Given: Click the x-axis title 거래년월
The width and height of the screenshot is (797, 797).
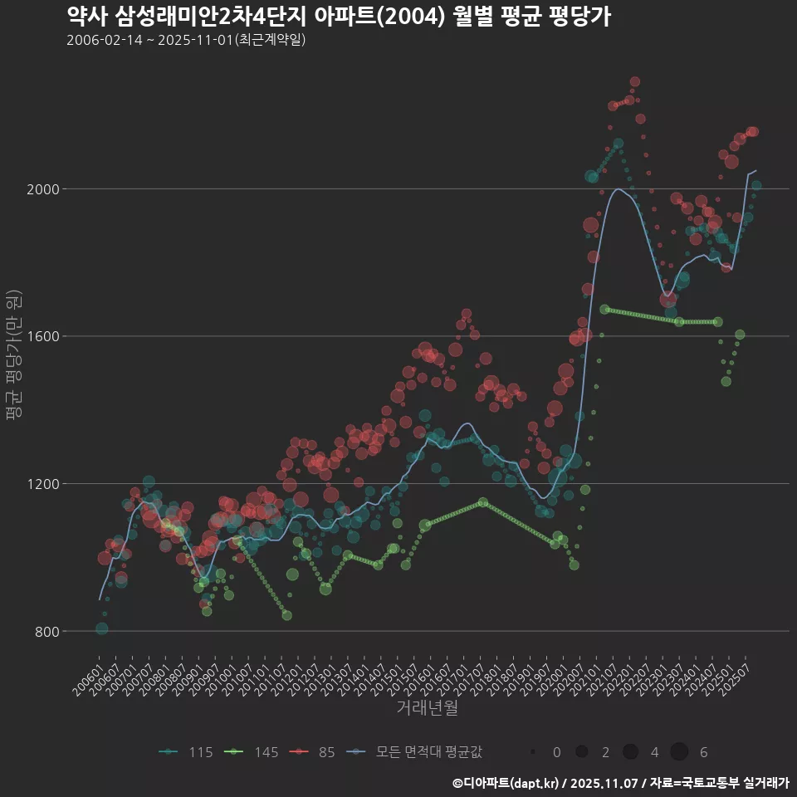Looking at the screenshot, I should click(x=427, y=707).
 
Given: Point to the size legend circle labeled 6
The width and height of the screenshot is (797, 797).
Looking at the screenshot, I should click(x=679, y=752).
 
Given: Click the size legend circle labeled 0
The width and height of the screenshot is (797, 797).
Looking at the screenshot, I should click(x=532, y=752).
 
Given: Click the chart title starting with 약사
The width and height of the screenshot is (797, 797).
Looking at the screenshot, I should click(x=339, y=16).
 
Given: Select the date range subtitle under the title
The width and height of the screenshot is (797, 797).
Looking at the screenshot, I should click(x=186, y=40).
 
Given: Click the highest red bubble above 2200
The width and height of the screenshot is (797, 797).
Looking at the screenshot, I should click(x=635, y=81).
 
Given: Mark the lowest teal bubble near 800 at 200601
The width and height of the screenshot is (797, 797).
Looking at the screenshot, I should click(x=101, y=628).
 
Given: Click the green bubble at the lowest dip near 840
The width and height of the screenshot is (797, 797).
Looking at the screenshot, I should click(x=286, y=615).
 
